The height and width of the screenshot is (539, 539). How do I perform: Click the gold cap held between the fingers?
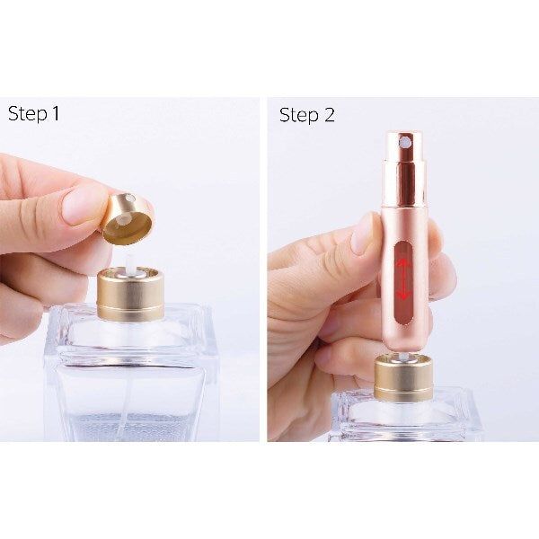pos(126,218)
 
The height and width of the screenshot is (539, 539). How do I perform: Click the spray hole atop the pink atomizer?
pos(405,142)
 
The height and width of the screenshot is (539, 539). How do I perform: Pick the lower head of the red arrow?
pos(403,296)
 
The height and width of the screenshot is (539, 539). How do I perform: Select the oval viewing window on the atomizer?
pos(403,278)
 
